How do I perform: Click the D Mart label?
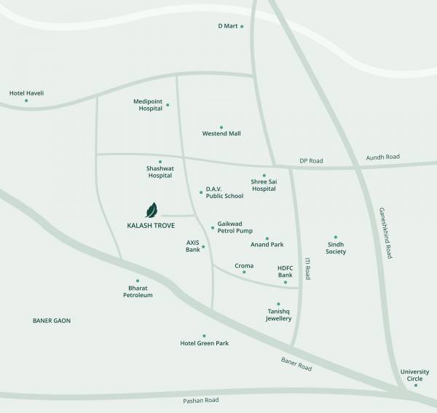pyautogui.click(x=229, y=26)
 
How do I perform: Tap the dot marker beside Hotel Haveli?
pyautogui.click(x=26, y=101)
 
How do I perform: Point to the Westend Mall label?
pyautogui.click(x=221, y=133)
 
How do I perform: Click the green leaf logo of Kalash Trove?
pyautogui.click(x=151, y=211)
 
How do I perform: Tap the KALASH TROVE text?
pyautogui.click(x=151, y=226)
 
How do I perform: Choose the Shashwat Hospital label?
pyautogui.click(x=160, y=172)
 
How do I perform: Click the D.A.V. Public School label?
pyautogui.click(x=224, y=192)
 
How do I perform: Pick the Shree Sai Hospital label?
pyautogui.click(x=264, y=185)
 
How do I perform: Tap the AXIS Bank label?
pyautogui.click(x=193, y=245)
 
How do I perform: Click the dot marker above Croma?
pyautogui.click(x=244, y=272)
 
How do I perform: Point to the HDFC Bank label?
pyautogui.click(x=285, y=272)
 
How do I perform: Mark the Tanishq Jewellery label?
pyautogui.click(x=278, y=315)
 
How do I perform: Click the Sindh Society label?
pyautogui.click(x=336, y=248)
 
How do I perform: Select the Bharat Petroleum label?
pyautogui.click(x=138, y=291)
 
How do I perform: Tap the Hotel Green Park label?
pyautogui.click(x=205, y=342)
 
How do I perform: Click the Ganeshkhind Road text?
pyautogui.click(x=385, y=234)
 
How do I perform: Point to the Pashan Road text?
pyautogui.click(x=201, y=401)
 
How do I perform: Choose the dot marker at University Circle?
pyautogui.click(x=416, y=385)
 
